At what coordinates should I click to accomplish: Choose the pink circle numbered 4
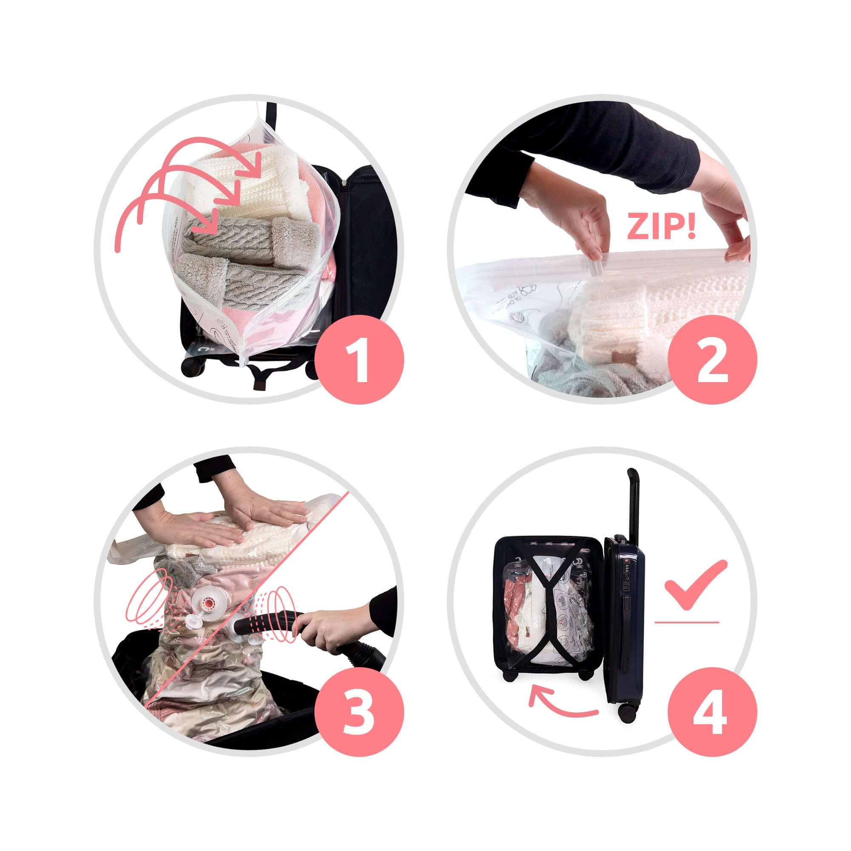[712, 712]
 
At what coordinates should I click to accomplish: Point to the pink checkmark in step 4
[695, 587]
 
